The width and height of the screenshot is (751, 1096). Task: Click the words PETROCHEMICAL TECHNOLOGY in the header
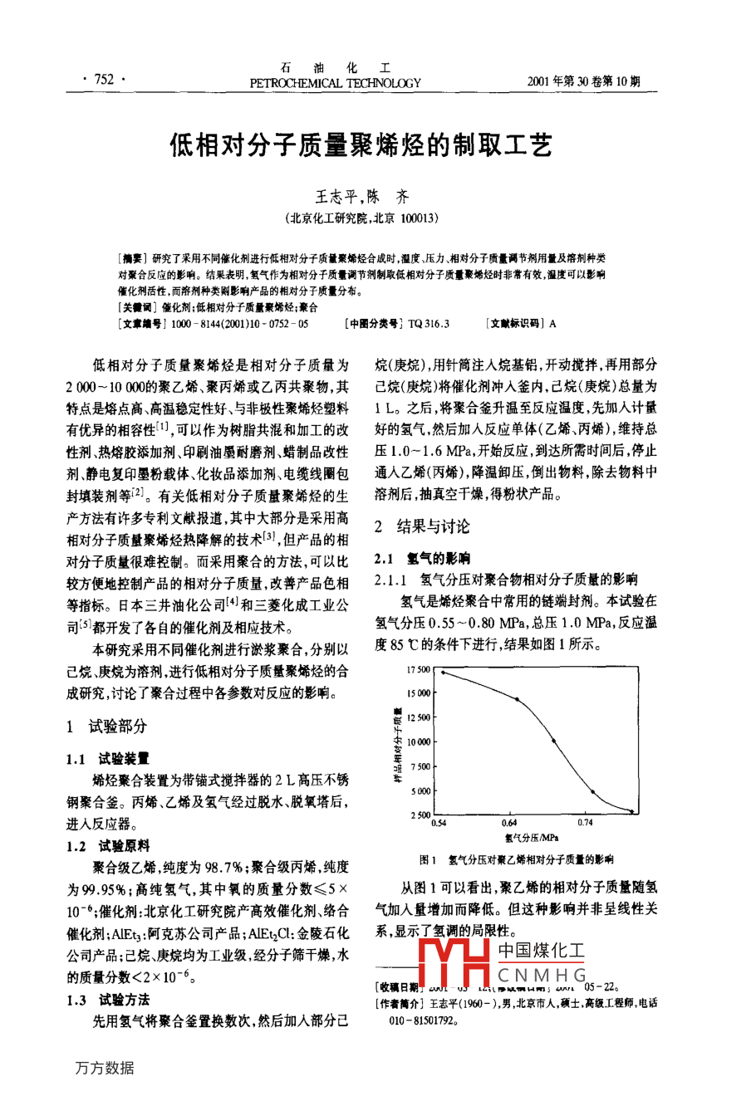point(335,83)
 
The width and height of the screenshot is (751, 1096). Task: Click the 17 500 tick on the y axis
point(419,669)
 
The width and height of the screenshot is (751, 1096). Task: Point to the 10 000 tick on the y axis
point(419,741)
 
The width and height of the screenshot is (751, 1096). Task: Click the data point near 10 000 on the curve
point(554,741)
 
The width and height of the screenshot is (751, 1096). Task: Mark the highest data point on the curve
point(443,673)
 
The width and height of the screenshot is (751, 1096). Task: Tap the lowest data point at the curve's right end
point(631,811)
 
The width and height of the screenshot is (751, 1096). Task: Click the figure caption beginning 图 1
point(516,860)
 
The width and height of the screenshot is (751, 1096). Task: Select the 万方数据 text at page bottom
point(105,1068)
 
